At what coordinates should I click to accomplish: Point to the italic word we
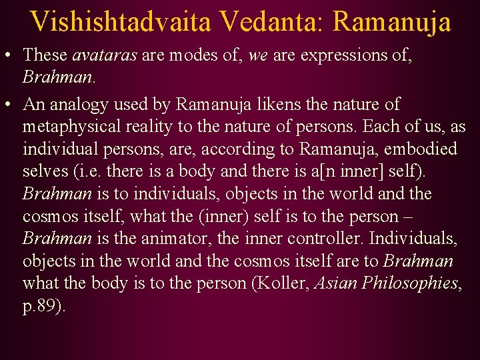click(257, 56)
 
